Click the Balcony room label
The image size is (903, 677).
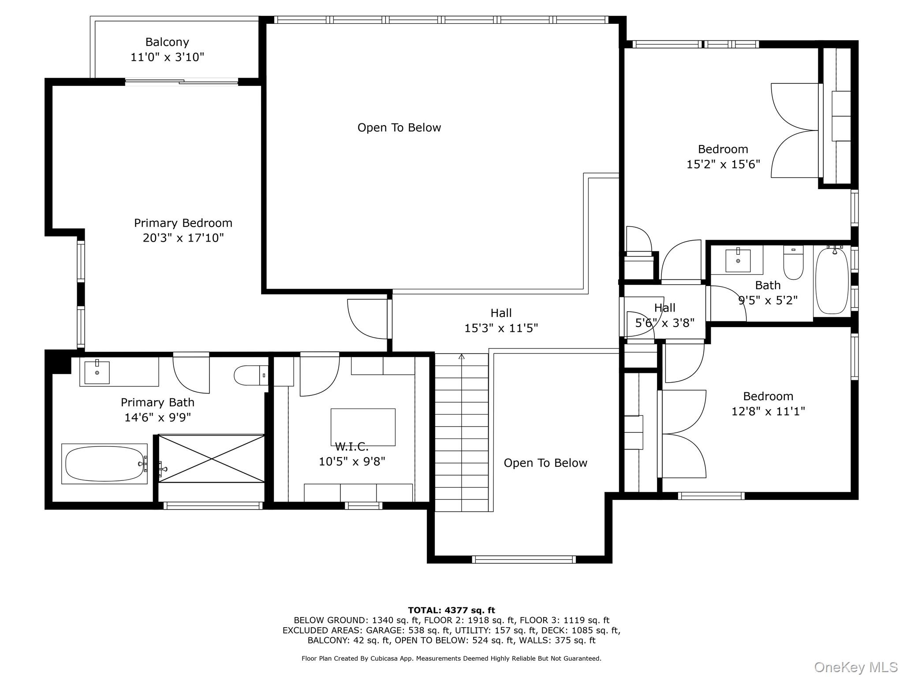167,42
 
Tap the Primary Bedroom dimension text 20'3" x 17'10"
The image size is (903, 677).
183,238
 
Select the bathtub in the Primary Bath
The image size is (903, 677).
104,464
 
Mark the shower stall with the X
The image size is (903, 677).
212,458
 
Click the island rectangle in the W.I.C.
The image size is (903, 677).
363,427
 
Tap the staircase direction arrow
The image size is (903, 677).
462,356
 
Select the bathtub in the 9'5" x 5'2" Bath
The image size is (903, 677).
832,281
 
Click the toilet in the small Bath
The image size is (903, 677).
793,264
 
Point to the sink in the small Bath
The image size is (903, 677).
738,260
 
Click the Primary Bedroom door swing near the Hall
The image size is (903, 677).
368,319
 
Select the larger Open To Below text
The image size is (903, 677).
399,128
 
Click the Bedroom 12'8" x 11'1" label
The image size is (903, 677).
768,404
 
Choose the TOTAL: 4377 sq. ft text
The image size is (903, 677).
451,610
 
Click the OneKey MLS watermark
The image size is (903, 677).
855,667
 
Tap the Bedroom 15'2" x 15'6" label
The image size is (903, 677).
723,156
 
